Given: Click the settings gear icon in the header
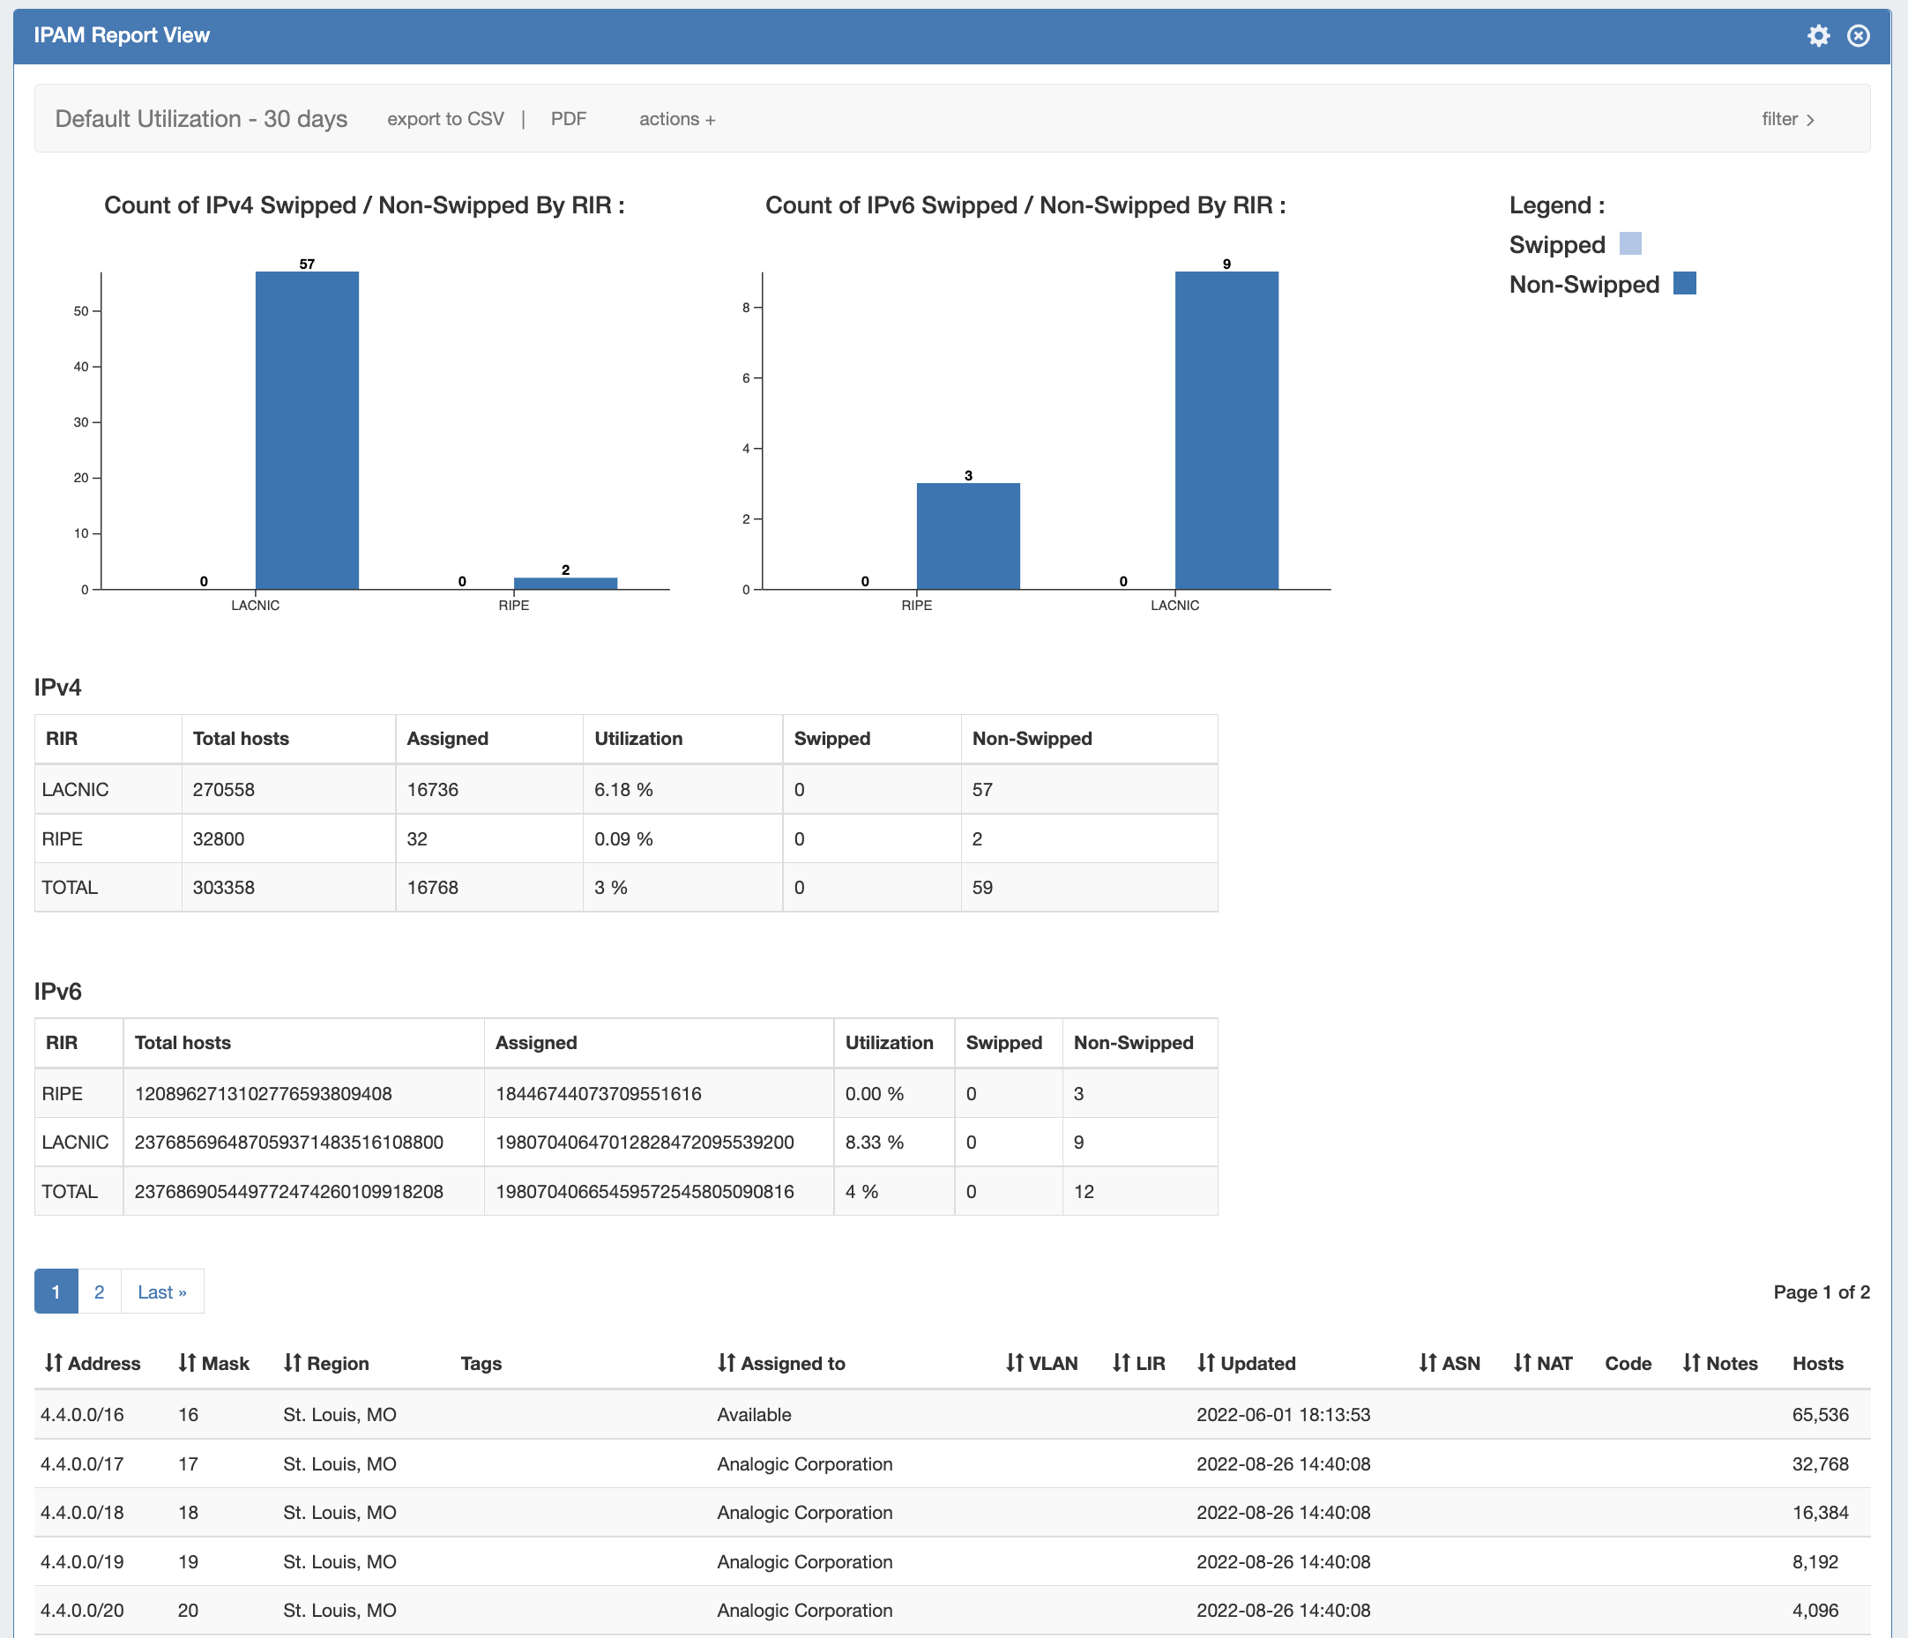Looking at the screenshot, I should coord(1818,36).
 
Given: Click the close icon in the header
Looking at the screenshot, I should coord(1859,36).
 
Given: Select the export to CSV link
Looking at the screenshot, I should coord(445,119).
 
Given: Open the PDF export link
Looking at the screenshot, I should coord(568,119).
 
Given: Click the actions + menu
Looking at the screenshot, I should coord(677,119).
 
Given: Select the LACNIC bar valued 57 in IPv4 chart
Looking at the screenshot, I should coord(307,430).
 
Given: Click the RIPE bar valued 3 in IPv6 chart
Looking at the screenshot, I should coord(968,536).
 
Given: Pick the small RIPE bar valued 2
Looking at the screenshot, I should coord(565,583).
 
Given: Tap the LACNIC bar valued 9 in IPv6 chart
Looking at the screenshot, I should coord(1226,430).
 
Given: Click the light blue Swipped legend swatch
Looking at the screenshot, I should coord(1630,244).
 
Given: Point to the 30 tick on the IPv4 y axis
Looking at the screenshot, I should coord(82,422).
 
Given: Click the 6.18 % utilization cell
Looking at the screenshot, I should coord(623,790).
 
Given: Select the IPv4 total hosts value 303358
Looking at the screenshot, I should coord(224,888).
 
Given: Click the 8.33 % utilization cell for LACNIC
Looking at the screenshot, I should coord(874,1143).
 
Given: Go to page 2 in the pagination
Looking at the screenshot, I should coord(100,1292).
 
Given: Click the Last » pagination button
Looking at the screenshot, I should coord(162,1292).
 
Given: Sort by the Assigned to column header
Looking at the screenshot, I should coord(792,1364).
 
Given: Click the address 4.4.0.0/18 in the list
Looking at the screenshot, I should coord(82,1513).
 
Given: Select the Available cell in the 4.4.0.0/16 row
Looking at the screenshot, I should coord(754,1415).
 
